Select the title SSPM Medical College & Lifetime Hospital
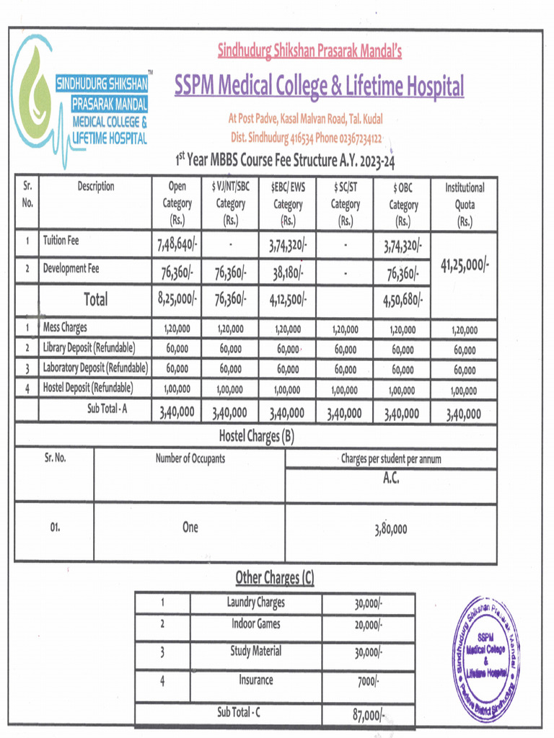pyautogui.click(x=319, y=87)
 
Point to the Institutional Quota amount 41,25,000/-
pyautogui.click(x=465, y=264)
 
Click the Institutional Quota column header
pyautogui.click(x=465, y=204)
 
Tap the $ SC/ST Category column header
pyautogui.click(x=346, y=204)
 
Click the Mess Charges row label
pyautogui.click(x=65, y=328)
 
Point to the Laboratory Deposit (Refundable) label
pyautogui.click(x=95, y=368)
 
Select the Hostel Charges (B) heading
pyautogui.click(x=256, y=435)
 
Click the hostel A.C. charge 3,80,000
pyautogui.click(x=391, y=528)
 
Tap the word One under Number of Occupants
pyautogui.click(x=190, y=528)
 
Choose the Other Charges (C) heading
pyautogui.click(x=275, y=578)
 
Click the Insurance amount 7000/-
pyautogui.click(x=368, y=680)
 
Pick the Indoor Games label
pyautogui.click(x=256, y=624)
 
